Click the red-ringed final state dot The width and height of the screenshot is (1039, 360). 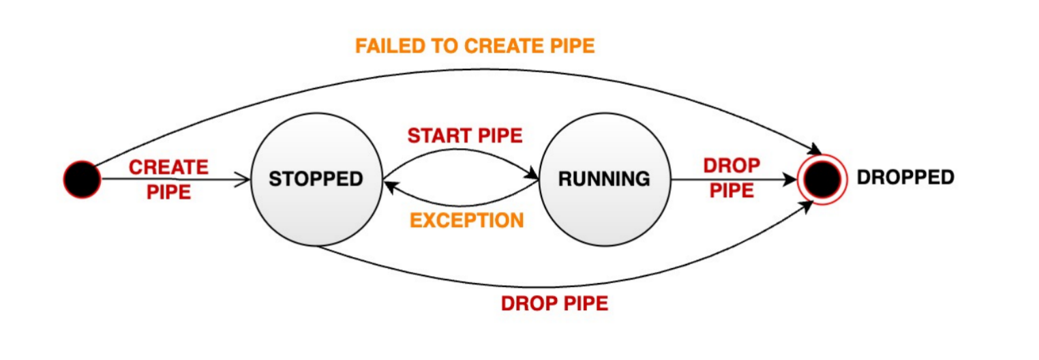(820, 179)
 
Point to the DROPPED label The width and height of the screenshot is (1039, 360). (905, 178)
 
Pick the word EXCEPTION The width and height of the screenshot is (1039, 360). (466, 220)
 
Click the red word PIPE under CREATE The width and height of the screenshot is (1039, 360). (168, 192)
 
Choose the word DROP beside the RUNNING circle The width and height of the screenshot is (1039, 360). (732, 166)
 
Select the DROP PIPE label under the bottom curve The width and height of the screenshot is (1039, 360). (554, 303)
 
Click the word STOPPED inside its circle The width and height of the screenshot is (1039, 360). (316, 179)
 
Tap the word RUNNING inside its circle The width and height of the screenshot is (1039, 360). (604, 179)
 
